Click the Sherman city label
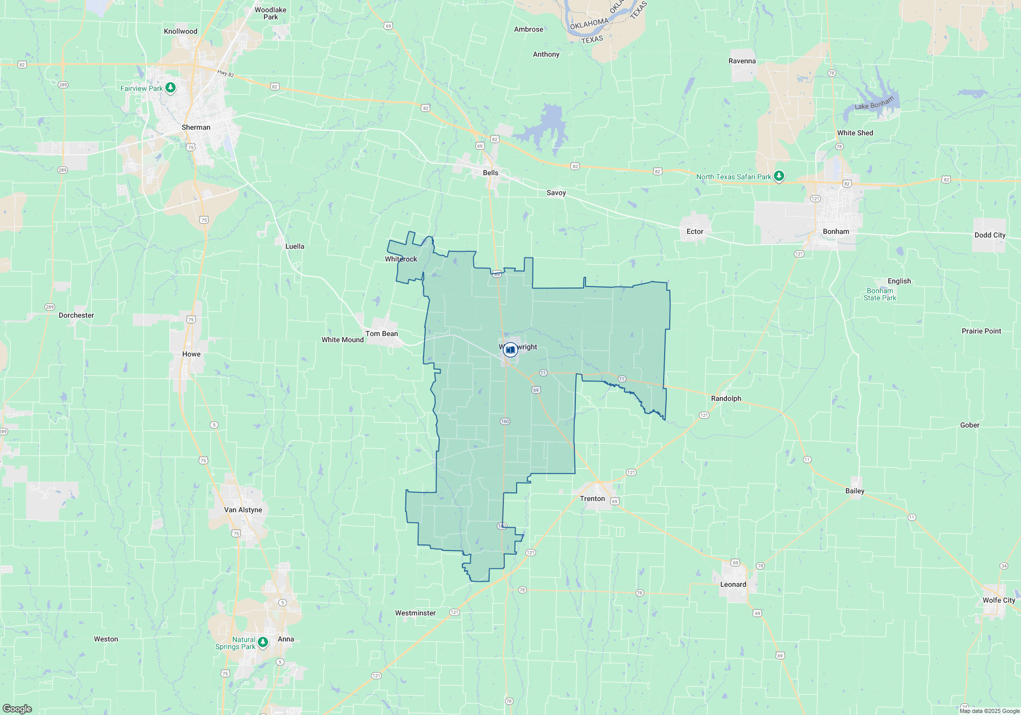click(x=196, y=127)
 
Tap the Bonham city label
click(x=836, y=231)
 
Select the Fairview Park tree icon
click(x=171, y=88)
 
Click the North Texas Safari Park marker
click(x=779, y=176)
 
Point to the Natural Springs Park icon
click(x=263, y=642)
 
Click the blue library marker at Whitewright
click(x=510, y=350)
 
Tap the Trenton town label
click(x=592, y=498)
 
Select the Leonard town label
click(x=733, y=584)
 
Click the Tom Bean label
click(x=381, y=333)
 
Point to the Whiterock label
click(x=401, y=259)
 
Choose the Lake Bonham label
click(x=874, y=104)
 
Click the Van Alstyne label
click(x=243, y=510)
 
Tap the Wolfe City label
click(x=999, y=600)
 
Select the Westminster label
click(x=415, y=613)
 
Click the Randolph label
click(x=726, y=398)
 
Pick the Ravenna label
click(x=742, y=61)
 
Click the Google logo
click(x=17, y=708)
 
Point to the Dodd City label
click(x=989, y=235)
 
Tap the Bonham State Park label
click(x=880, y=294)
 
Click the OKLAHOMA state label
click(x=589, y=24)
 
